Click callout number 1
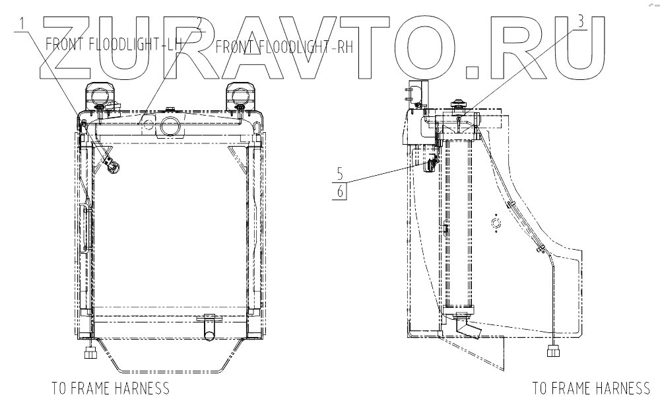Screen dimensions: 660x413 (x=22, y=24)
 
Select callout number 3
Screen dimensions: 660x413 (x=581, y=22)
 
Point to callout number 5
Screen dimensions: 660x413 (x=340, y=174)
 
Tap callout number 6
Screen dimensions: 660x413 (x=340, y=192)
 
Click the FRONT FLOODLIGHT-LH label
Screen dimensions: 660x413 (x=113, y=44)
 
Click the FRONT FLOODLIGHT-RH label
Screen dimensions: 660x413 (x=284, y=47)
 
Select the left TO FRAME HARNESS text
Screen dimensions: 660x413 (x=111, y=388)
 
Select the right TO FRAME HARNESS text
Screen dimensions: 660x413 (x=591, y=388)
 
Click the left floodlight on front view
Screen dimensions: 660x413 (x=100, y=95)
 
